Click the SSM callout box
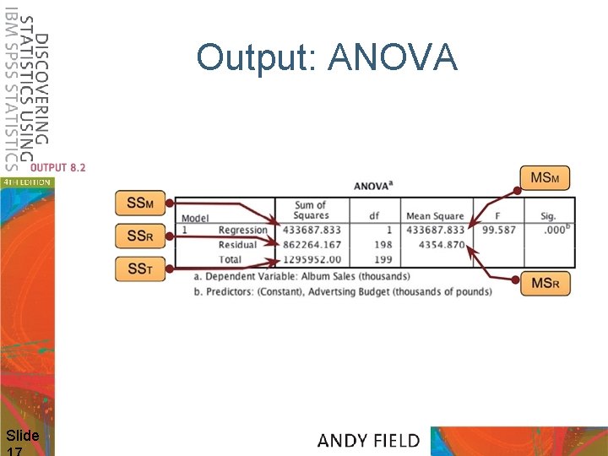pos(141,204)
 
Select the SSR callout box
pos(141,236)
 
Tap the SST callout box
pos(141,269)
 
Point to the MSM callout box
pos(546,178)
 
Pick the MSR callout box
pos(546,284)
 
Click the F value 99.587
pos(499,230)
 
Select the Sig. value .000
pos(553,230)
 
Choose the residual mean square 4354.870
pos(442,245)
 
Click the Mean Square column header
pos(435,216)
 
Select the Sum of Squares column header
pos(311,210)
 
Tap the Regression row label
pos(242,230)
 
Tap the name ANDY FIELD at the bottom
pos(368,440)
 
